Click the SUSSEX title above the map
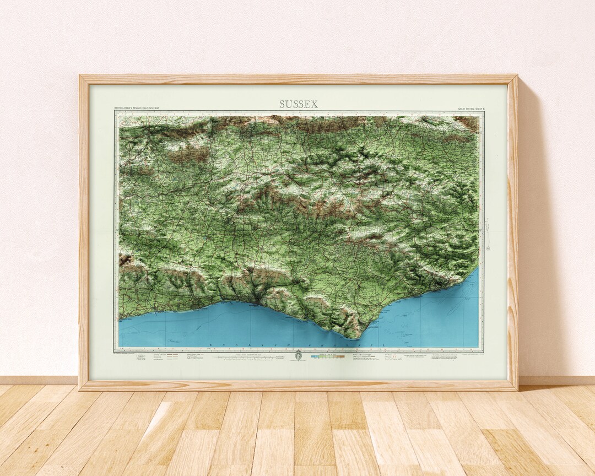298,104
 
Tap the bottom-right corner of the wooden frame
516,389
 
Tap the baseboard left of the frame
39,380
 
